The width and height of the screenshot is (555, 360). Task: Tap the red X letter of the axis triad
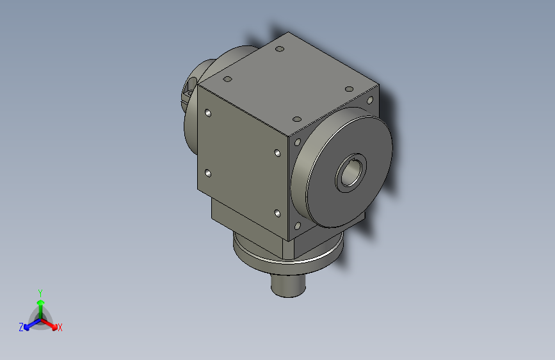coord(60,327)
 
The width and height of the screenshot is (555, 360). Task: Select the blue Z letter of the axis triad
coord(21,327)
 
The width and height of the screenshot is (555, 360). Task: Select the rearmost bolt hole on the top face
coord(279,49)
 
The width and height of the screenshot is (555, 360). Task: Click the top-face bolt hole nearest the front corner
coord(296,119)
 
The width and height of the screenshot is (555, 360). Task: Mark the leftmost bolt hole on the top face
coord(227,79)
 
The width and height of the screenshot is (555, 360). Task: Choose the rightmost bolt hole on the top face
coord(349,88)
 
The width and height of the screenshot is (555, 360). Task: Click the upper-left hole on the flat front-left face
coord(207,113)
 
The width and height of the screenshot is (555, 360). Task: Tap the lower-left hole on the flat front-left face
coord(207,173)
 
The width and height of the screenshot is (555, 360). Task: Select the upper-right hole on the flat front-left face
coord(277,153)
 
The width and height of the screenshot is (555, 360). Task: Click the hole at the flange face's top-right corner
coord(369,101)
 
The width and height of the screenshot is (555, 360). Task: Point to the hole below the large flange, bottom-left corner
coord(297,225)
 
